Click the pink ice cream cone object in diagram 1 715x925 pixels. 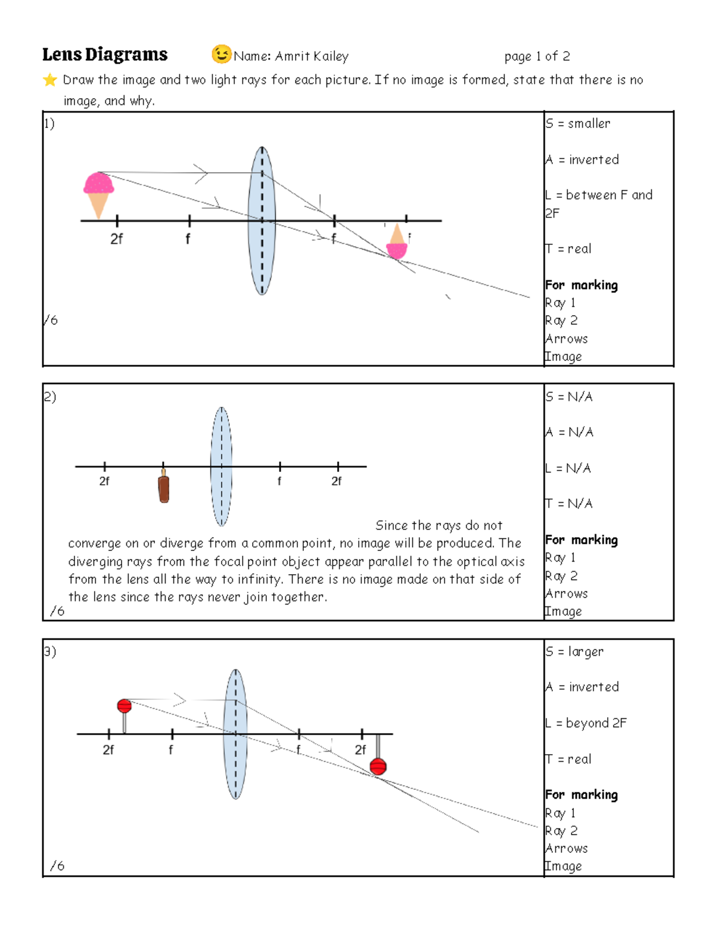[98, 192]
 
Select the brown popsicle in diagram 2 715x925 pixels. [164, 487]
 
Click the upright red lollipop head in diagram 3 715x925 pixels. [124, 706]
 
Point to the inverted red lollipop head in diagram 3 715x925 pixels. [378, 766]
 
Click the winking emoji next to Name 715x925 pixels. [221, 54]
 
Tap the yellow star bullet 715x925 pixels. [50, 80]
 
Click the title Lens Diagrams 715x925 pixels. [105, 55]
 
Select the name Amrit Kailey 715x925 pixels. [312, 57]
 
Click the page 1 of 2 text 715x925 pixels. [537, 57]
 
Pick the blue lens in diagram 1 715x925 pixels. [262, 220]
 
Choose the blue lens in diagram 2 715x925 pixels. [221, 466]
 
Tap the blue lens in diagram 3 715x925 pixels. [236, 734]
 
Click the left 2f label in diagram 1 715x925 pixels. [116, 239]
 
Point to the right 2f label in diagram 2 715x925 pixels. [337, 481]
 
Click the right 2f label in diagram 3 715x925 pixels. [360, 750]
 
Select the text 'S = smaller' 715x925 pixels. [578, 124]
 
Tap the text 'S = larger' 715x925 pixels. [575, 652]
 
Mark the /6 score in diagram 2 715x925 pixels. [57, 611]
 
